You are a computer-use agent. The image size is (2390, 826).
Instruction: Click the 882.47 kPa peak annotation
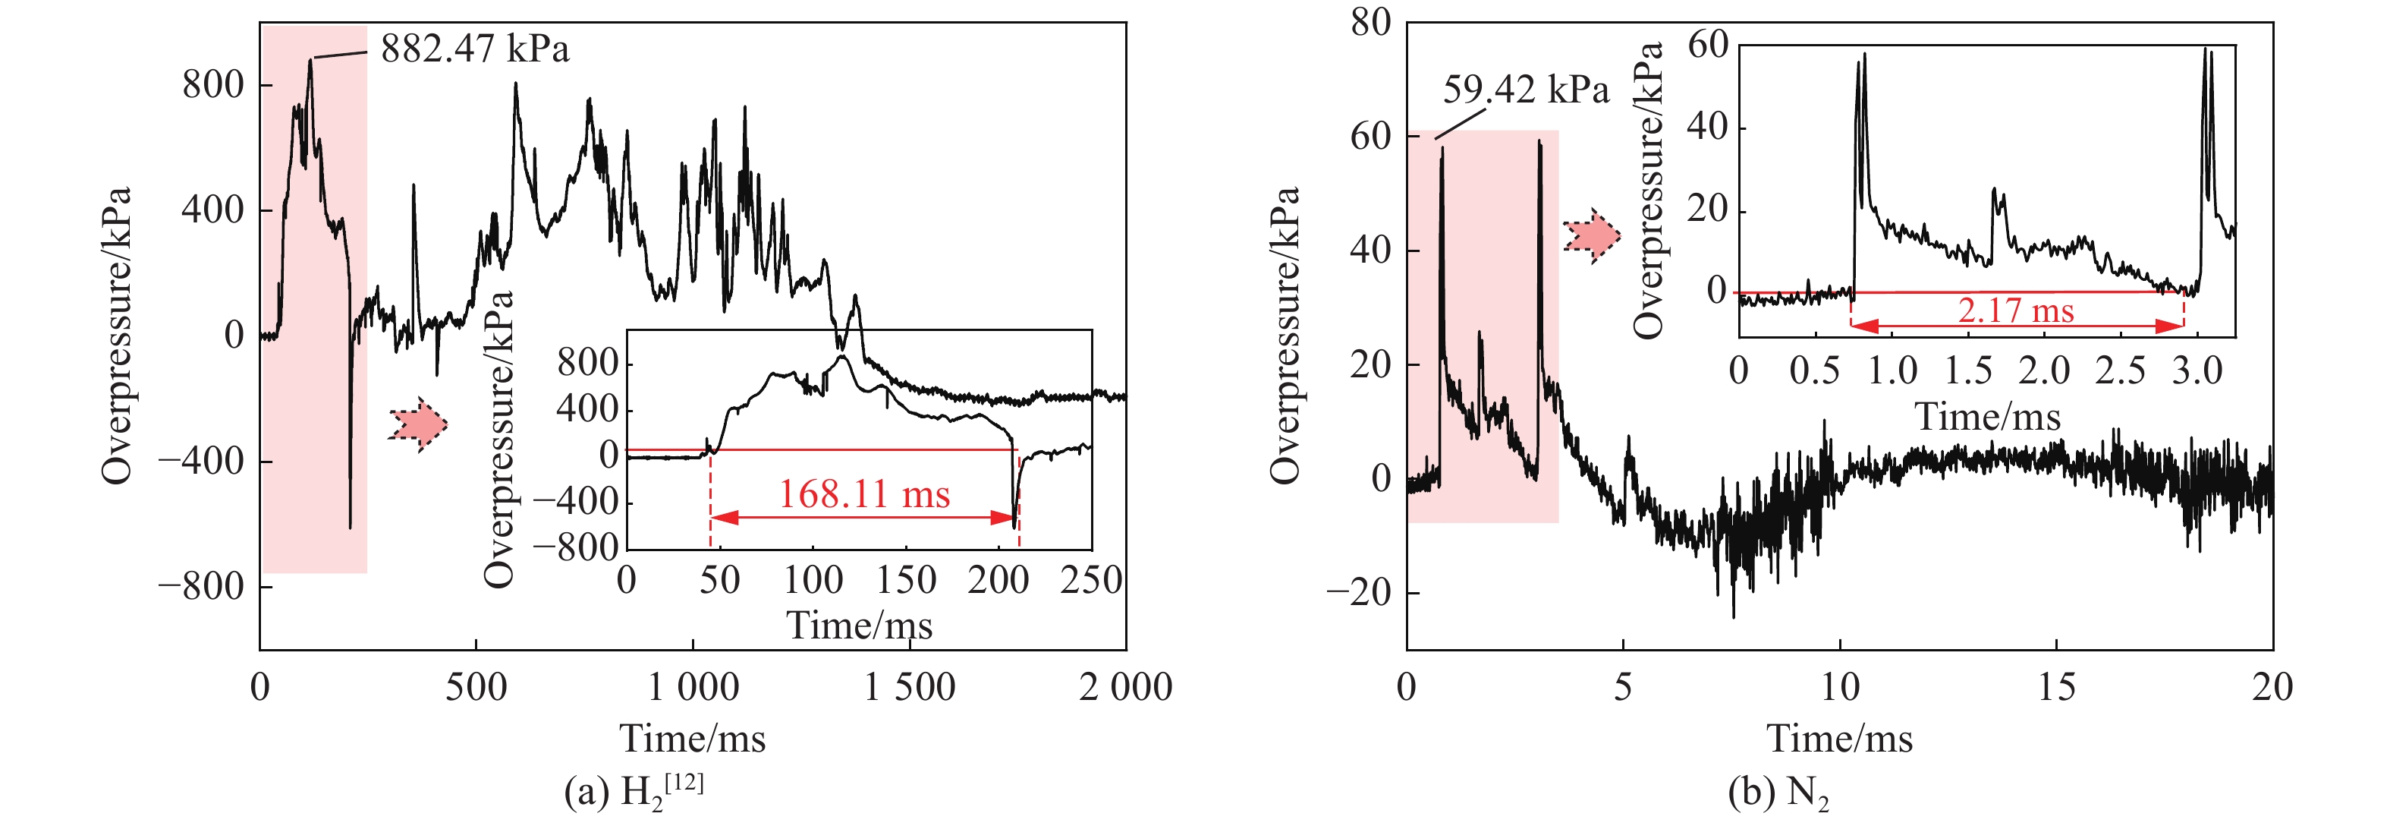point(474,49)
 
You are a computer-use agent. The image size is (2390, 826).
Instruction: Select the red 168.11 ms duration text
point(863,495)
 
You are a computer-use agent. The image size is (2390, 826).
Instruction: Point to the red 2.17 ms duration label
point(2015,311)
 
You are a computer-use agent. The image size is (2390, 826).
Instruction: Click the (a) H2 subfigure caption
point(634,791)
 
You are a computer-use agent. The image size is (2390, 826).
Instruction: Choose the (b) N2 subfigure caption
point(1778,792)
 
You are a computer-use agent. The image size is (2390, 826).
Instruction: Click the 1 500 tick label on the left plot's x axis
point(909,688)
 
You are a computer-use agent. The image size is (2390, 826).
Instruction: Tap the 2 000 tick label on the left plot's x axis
point(1125,688)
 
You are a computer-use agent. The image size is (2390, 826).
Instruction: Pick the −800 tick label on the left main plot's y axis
point(200,587)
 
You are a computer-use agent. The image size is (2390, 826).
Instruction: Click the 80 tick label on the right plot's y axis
point(1370,22)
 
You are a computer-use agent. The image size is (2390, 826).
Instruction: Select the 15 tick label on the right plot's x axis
point(2056,688)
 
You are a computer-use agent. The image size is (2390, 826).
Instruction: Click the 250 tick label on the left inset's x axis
point(1091,581)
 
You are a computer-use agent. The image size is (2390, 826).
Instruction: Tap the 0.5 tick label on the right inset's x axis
point(1815,371)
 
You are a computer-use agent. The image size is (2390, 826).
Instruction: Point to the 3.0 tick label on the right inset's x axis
point(2197,371)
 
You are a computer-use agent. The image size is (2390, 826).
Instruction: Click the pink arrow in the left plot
point(418,425)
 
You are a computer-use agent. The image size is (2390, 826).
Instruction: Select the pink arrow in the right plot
point(1592,236)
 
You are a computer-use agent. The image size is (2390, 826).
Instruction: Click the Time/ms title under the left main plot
point(692,739)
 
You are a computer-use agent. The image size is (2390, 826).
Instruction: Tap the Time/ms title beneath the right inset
point(1987,417)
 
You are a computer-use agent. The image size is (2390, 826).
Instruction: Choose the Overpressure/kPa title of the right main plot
point(1285,336)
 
